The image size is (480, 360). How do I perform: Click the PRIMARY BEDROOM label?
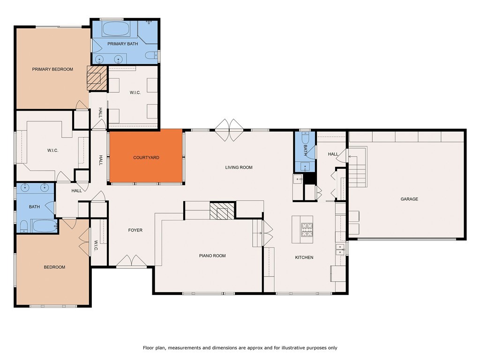[x=52, y=69]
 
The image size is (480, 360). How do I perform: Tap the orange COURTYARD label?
[x=146, y=157]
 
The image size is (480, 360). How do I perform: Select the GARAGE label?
[x=409, y=199]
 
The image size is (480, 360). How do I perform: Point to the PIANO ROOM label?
[x=212, y=255]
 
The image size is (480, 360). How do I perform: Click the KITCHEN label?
[x=304, y=257]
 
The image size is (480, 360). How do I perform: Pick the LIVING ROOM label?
[x=239, y=167]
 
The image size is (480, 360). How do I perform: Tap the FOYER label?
[x=135, y=230]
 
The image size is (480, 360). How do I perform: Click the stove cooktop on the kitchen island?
[x=307, y=230]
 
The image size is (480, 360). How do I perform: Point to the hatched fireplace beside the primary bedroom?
[x=97, y=78]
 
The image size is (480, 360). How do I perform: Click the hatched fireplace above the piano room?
[x=222, y=211]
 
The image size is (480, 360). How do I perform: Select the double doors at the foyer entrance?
[x=131, y=261]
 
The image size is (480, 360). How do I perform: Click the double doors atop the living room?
[x=229, y=130]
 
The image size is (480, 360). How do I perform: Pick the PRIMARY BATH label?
[x=123, y=44]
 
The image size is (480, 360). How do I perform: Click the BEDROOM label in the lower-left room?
[x=54, y=267]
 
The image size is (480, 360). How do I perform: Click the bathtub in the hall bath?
[x=45, y=226]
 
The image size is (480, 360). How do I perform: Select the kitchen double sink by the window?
[x=340, y=249]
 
